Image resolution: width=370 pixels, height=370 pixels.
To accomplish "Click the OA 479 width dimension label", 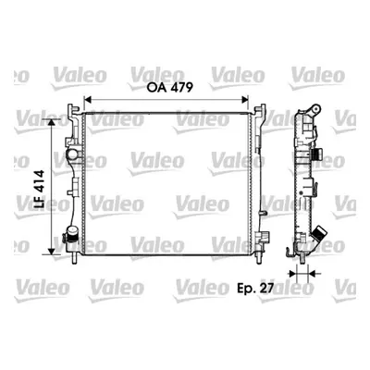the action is click(170, 88).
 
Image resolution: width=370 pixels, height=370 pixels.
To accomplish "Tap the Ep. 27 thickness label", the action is click(255, 288).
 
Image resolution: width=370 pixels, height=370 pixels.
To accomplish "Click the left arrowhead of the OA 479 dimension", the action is click(88, 100).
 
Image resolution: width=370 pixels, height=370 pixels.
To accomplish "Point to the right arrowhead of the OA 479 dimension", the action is click(245, 100).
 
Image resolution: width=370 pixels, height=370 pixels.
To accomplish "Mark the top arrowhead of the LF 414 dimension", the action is click(51, 122).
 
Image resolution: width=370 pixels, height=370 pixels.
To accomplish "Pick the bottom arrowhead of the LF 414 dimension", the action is click(51, 252).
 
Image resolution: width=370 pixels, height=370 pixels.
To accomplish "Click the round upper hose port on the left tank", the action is click(73, 154).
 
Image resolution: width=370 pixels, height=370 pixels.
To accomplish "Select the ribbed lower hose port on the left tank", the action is click(71, 233).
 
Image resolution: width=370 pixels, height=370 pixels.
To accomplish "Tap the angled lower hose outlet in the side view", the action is click(318, 236).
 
